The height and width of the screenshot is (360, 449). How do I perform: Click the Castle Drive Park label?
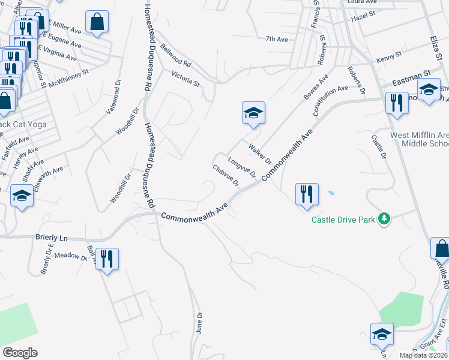point(343,220)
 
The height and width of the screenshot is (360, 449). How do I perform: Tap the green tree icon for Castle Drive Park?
point(384,220)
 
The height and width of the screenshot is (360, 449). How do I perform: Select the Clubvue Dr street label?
point(226,175)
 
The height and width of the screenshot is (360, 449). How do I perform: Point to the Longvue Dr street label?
point(243,167)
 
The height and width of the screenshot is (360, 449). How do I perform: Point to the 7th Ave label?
point(277,39)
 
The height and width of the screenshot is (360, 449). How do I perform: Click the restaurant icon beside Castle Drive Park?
point(306,194)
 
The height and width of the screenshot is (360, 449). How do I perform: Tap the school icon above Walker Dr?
point(253,112)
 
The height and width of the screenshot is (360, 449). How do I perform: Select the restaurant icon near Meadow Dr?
point(107,259)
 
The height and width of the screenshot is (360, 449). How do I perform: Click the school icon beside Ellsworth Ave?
point(22,196)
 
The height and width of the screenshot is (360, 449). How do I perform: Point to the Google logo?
point(20,353)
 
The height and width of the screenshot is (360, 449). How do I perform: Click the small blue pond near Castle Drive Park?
point(330,194)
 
